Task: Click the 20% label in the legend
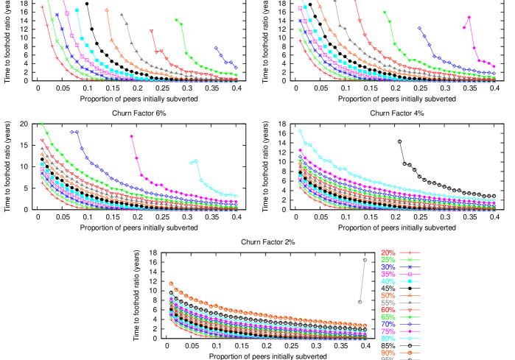pyautogui.click(x=388, y=253)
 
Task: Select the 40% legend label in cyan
pyautogui.click(x=388, y=281)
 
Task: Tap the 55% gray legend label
pyautogui.click(x=388, y=303)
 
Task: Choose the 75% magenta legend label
pyautogui.click(x=388, y=331)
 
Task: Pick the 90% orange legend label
pyautogui.click(x=388, y=353)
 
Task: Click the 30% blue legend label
pyautogui.click(x=388, y=267)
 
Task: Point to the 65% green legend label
pyautogui.click(x=388, y=317)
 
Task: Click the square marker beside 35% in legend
pyautogui.click(x=410, y=274)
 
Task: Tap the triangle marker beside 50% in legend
pyautogui.click(x=410, y=295)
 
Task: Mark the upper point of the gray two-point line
pyautogui.click(x=365, y=260)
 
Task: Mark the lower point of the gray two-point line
pyautogui.click(x=360, y=302)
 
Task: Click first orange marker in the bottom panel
pyautogui.click(x=171, y=283)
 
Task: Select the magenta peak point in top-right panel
pyautogui.click(x=469, y=18)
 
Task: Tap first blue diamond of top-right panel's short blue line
pyautogui.click(x=419, y=28)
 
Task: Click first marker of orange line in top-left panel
pyautogui.click(x=108, y=10)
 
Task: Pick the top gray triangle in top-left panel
pyautogui.click(x=122, y=14)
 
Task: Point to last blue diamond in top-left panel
pyautogui.click(x=236, y=68)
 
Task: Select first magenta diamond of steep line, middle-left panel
pyautogui.click(x=132, y=136)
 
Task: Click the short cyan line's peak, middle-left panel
pyautogui.click(x=196, y=160)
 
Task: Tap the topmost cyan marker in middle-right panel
pyautogui.click(x=300, y=131)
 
